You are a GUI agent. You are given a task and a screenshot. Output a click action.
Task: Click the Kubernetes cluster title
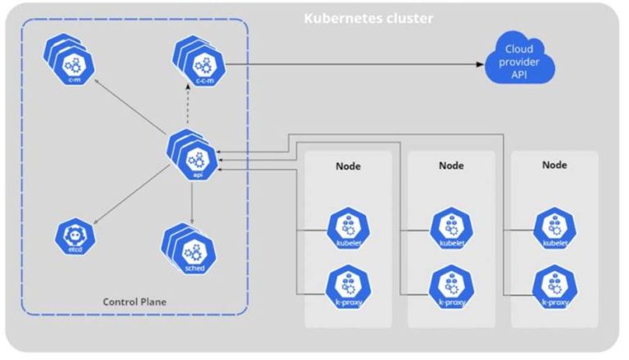[368, 18]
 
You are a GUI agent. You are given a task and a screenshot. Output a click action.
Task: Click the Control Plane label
[135, 302]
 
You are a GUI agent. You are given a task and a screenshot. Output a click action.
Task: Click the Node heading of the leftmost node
[348, 166]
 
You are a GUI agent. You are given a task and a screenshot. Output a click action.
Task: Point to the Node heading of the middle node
[451, 165]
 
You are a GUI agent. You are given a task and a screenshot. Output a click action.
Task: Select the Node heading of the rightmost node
[555, 165]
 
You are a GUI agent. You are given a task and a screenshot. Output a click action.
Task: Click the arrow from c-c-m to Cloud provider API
[352, 63]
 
